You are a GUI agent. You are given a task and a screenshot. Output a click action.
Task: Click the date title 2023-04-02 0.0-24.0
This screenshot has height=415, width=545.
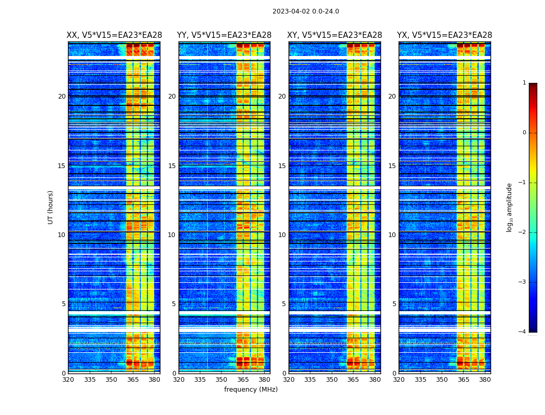(306, 11)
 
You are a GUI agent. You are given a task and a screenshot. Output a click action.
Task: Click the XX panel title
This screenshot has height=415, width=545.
(114, 35)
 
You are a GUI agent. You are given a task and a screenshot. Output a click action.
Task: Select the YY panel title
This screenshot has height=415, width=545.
(224, 35)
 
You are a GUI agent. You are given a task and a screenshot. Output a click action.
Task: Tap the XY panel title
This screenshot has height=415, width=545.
(335, 35)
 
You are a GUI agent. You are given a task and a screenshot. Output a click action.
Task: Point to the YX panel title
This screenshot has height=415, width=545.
(445, 35)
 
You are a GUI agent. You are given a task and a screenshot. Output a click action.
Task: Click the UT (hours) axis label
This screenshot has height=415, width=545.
(51, 207)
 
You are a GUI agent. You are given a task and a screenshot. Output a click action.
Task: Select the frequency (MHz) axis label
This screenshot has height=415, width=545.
(251, 390)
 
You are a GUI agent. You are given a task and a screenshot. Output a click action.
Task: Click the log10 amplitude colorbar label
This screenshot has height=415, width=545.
(510, 207)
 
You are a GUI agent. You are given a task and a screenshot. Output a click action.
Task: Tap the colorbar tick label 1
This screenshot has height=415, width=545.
(524, 83)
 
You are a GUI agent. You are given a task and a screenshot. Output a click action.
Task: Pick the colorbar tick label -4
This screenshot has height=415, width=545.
(523, 332)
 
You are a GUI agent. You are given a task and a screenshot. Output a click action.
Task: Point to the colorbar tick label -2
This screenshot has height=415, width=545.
(523, 232)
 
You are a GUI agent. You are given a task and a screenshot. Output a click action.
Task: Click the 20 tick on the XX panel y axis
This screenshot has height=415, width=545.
(62, 96)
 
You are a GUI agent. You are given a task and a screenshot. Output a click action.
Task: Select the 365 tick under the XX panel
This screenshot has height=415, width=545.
(133, 380)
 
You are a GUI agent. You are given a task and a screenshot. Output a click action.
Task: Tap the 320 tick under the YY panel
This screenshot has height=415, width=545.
(179, 380)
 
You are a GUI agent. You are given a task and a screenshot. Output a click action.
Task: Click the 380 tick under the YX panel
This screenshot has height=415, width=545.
(485, 380)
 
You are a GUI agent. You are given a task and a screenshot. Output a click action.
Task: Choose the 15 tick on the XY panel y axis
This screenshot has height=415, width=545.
(282, 166)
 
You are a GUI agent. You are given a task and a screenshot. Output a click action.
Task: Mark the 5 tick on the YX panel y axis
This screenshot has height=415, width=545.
(394, 304)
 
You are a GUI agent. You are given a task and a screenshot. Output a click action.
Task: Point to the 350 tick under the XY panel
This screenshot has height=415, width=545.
(332, 380)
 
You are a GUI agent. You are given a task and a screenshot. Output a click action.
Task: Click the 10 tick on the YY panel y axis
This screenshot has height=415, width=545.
(172, 235)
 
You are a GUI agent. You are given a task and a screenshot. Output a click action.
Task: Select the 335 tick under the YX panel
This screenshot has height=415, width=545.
(420, 380)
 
